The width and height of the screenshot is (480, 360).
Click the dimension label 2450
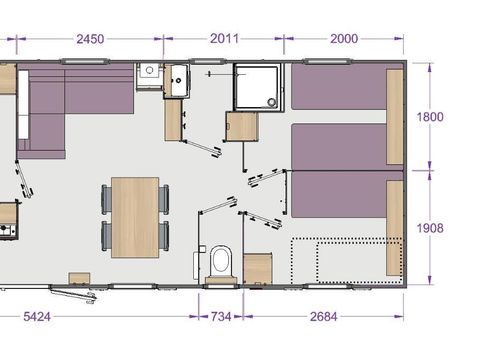(89, 39)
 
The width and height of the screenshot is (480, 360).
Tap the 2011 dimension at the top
(224, 39)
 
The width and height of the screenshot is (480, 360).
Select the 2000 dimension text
(342, 39)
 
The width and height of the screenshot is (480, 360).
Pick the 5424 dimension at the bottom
(39, 317)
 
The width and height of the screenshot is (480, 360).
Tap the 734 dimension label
(220, 317)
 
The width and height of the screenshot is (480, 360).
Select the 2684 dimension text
(322, 317)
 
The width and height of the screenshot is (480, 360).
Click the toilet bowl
(222, 262)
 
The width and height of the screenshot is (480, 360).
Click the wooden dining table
(135, 216)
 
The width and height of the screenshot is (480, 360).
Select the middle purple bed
(340, 147)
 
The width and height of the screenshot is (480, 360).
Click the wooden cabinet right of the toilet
(258, 268)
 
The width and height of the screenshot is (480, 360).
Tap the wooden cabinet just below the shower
(243, 128)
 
